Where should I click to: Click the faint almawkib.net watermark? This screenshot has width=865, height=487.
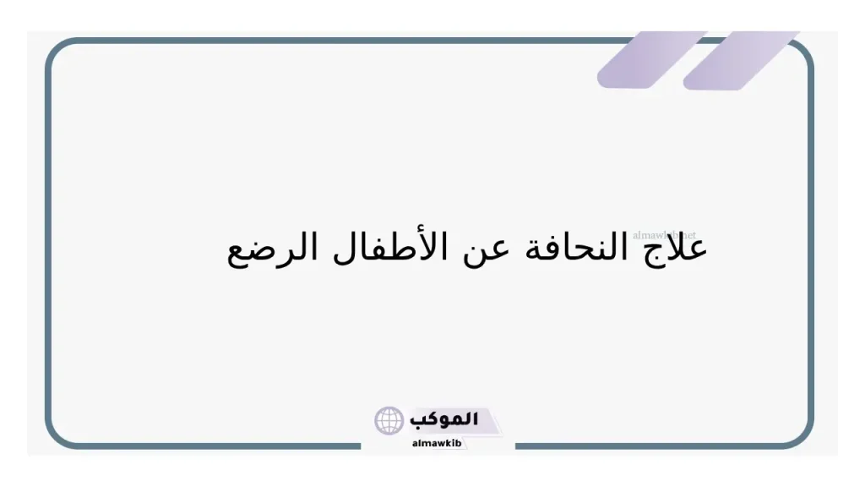[x=664, y=234]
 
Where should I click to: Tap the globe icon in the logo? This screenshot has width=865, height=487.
[x=389, y=420]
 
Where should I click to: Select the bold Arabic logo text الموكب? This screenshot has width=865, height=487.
[x=444, y=419]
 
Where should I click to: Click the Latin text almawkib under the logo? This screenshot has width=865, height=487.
[x=438, y=443]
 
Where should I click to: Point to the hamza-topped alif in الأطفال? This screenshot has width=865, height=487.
[x=454, y=243]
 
